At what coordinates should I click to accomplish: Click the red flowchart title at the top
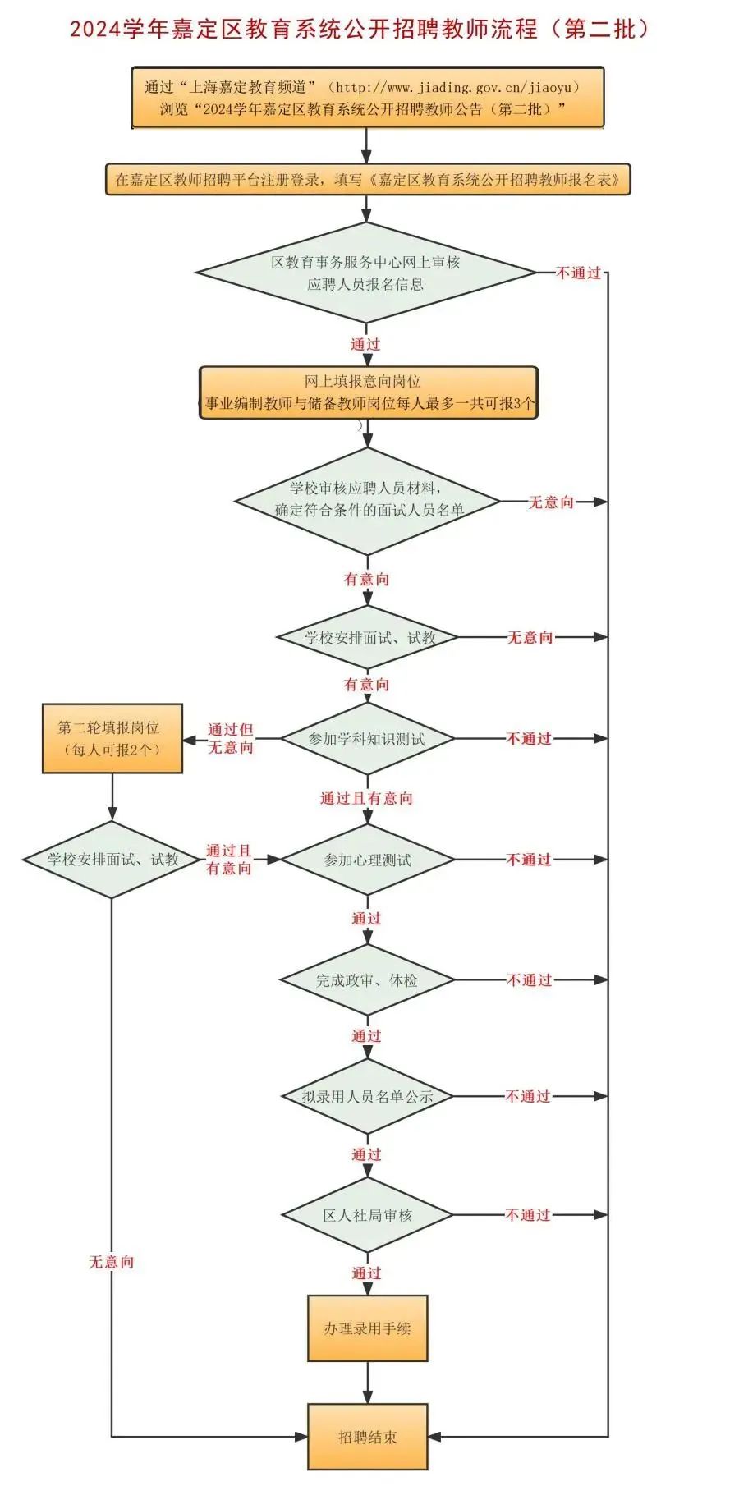coord(360,29)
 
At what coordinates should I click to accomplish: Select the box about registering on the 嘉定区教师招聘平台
coord(367,180)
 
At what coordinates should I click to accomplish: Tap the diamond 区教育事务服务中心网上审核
coord(365,273)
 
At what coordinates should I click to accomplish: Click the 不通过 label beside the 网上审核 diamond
coord(578,273)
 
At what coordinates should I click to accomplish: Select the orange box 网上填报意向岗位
coord(368,392)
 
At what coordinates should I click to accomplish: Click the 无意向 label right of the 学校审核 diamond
coord(550,502)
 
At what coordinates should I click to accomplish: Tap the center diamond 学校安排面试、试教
coord(368,637)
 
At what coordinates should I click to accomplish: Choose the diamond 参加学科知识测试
coord(367,738)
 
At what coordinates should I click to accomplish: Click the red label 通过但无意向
coord(230,738)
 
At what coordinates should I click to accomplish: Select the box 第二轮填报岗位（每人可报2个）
coord(112,738)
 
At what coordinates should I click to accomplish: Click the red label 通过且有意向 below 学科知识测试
coord(366,798)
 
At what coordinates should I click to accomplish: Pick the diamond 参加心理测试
coord(367,860)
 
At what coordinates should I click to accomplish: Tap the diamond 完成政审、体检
coord(367,979)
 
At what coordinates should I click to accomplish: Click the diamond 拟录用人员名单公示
coord(367,1096)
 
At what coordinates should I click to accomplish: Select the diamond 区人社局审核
coord(367,1215)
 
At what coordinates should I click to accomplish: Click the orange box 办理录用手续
coord(367,1328)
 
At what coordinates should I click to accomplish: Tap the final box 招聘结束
coord(367,1437)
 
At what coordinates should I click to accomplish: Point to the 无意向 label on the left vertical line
coord(111,1262)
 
